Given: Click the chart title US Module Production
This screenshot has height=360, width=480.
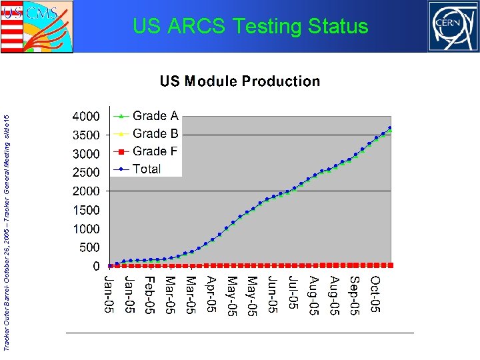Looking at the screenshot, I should click(x=239, y=81).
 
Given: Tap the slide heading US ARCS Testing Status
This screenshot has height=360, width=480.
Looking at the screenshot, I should click(x=250, y=27).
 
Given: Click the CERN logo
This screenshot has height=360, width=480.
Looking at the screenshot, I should click(x=453, y=26).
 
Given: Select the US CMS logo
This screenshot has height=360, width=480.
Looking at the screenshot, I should click(x=37, y=27).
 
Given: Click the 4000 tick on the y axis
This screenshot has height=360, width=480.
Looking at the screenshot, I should click(x=86, y=116).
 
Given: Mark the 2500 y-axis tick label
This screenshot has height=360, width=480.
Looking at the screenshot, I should click(x=86, y=172).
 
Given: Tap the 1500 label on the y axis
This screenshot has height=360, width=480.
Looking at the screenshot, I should click(x=86, y=210).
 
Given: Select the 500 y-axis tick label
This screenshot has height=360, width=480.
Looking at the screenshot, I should click(x=89, y=247).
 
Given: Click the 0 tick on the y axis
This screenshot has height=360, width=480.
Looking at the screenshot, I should click(x=96, y=266).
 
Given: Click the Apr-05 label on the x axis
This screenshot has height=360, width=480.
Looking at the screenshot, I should click(x=211, y=294).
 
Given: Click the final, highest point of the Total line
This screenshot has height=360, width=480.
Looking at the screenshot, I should click(x=390, y=128).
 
